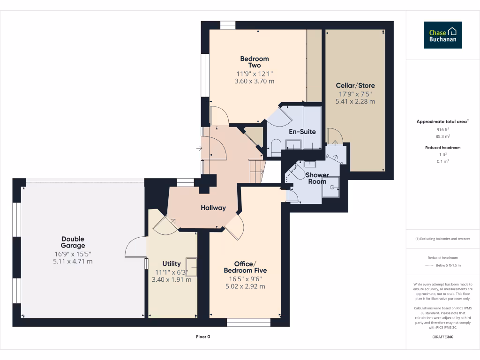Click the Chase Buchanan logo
442,35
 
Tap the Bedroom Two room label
255,62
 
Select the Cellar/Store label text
355,86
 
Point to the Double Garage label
73,242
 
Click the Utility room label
172,264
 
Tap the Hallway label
213,208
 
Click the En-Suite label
302,132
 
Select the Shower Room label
317,178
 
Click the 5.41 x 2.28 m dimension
355,101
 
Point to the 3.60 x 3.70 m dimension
255,81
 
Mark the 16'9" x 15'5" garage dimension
73,254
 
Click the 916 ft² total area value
443,129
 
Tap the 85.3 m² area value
443,136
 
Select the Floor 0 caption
203,337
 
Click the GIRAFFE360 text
443,337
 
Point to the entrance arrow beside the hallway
199,149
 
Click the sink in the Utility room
191,266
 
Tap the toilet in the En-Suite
276,147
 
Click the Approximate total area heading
442,121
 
